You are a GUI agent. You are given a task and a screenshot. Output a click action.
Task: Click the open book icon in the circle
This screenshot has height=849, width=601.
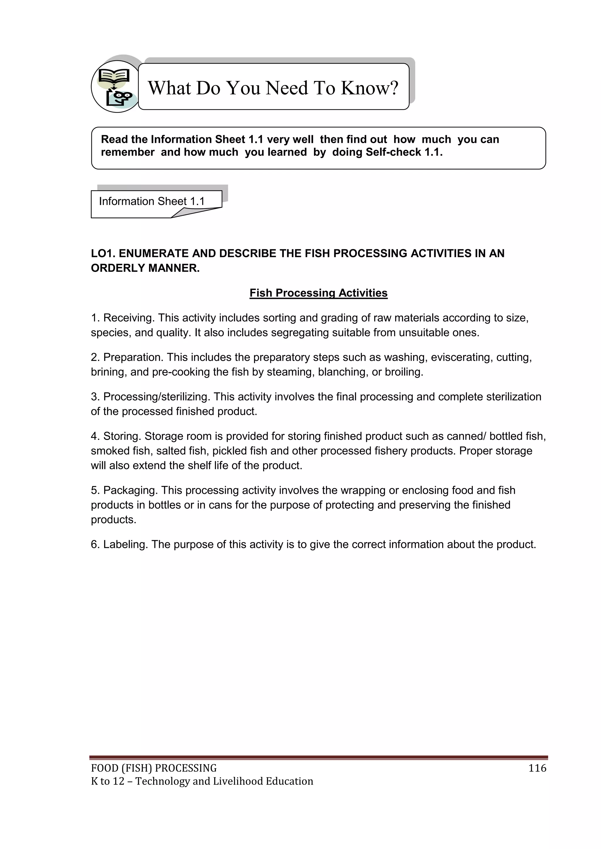114,77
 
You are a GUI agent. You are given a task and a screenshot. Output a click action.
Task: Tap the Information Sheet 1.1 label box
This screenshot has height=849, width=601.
151,201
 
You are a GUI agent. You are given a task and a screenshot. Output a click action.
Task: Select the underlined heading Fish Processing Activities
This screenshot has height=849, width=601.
318,293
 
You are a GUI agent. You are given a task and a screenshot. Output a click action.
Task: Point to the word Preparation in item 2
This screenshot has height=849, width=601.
133,357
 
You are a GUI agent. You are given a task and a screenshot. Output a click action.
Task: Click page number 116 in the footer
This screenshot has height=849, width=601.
537,768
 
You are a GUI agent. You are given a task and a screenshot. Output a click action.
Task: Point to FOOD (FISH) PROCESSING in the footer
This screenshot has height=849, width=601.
153,768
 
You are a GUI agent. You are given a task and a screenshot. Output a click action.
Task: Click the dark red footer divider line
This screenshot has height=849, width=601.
318,757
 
